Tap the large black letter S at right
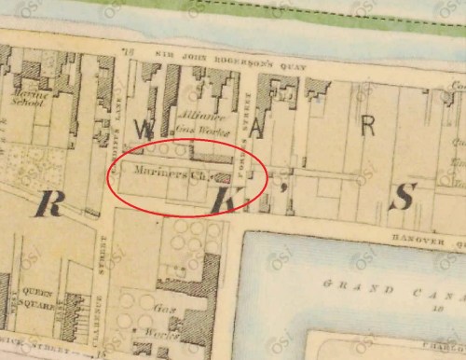[403, 196]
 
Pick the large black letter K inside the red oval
[224, 200]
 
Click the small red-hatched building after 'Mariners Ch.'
[213, 173]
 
